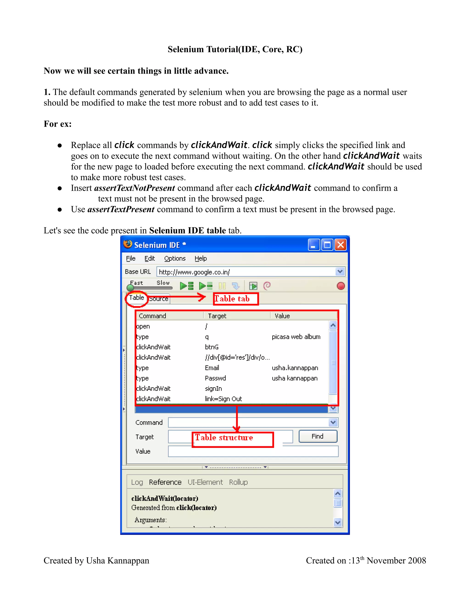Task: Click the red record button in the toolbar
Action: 341,286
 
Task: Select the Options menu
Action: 175,259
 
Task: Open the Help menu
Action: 201,259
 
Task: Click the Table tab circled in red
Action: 137,298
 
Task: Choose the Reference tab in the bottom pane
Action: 165,482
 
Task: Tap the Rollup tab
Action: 238,482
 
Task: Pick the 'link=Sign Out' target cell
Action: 223,399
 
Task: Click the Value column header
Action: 282,316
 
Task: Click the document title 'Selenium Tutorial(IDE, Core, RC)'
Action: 235,49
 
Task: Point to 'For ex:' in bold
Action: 58,124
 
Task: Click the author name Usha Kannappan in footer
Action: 117,561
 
